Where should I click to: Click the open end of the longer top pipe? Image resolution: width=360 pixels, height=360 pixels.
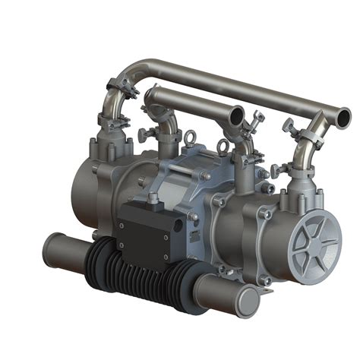[342, 117]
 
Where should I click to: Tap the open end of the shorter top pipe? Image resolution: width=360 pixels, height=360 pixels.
[236, 115]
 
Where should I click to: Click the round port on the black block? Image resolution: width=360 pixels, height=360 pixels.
[178, 226]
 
